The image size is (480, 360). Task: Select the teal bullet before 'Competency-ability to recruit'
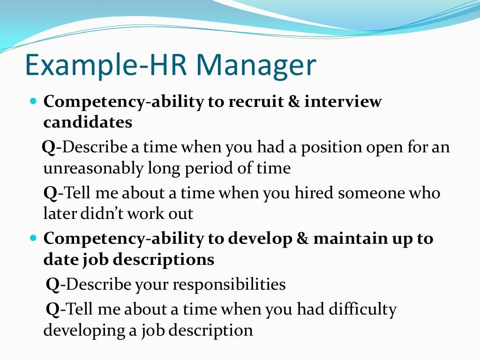tap(33, 101)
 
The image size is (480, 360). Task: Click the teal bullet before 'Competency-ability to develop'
tap(33, 238)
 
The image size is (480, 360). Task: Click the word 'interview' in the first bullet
tap(343, 102)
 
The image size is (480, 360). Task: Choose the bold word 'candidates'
tap(88, 122)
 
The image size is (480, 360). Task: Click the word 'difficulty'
tap(363, 309)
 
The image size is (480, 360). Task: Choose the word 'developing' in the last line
tap(83, 330)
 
